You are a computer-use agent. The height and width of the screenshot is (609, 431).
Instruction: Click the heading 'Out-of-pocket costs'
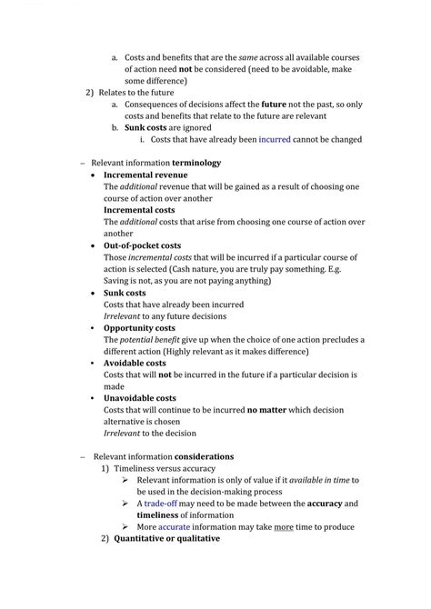point(142,245)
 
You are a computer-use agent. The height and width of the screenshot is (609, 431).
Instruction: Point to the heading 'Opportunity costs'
point(139,327)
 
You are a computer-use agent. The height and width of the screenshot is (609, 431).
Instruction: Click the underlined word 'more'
point(285,526)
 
